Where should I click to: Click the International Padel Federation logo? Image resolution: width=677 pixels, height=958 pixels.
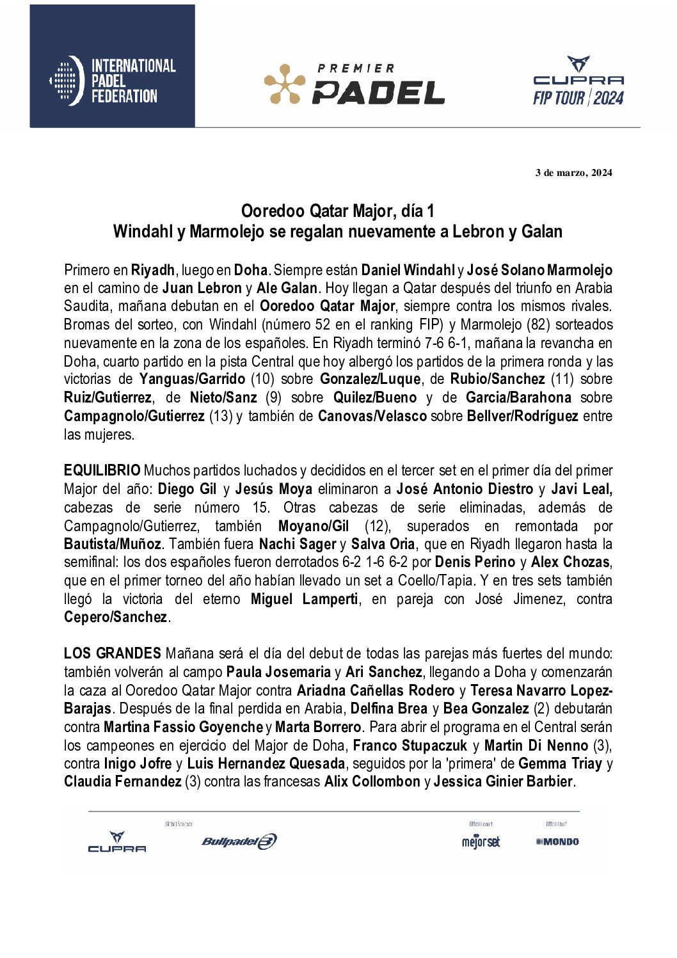click(113, 81)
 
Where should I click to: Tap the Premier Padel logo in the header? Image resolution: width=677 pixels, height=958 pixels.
click(354, 84)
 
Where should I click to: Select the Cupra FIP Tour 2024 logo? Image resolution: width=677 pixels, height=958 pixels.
click(578, 81)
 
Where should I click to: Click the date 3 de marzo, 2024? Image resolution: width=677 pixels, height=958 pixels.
click(573, 173)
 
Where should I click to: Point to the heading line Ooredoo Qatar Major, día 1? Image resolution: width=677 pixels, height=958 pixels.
click(337, 211)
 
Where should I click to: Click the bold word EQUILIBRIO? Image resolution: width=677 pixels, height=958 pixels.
click(102, 470)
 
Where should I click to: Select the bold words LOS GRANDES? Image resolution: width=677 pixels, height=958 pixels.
click(112, 653)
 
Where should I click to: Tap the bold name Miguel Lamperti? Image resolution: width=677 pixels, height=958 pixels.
click(304, 599)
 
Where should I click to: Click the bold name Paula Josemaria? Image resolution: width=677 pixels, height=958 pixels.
click(278, 672)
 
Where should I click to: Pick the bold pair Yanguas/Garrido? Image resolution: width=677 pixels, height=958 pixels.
click(192, 379)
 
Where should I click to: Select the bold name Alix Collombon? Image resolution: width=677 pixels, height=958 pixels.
click(372, 781)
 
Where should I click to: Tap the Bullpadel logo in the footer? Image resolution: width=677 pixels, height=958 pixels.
click(239, 841)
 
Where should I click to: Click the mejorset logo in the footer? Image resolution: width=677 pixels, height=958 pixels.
click(481, 842)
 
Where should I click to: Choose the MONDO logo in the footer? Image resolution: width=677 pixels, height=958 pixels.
click(557, 842)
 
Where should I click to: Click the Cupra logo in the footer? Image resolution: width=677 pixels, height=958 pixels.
click(117, 842)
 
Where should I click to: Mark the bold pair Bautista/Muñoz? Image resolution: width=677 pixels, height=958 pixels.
click(113, 544)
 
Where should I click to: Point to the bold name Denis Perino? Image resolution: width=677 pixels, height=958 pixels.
click(475, 562)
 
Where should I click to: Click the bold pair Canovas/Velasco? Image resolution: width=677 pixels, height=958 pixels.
click(372, 416)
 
